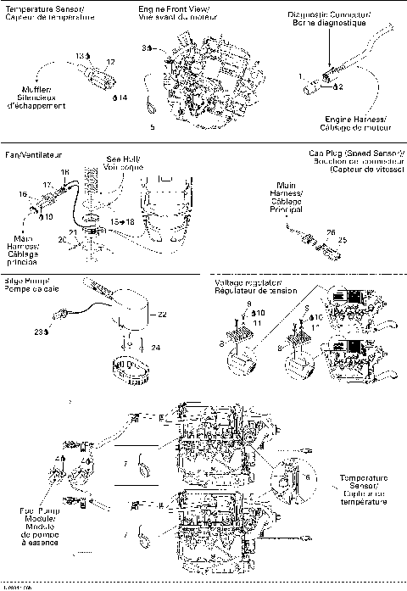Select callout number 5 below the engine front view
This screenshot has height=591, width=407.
pos(152,127)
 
